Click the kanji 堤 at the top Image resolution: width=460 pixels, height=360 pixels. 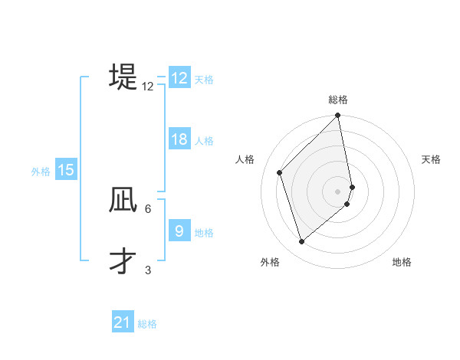[123, 77]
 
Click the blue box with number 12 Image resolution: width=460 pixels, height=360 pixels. [179, 78]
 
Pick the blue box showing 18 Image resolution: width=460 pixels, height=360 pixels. [179, 139]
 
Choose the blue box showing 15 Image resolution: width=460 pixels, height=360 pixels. [66, 171]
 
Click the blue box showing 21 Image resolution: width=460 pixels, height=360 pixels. [123, 322]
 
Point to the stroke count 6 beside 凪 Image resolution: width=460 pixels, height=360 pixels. [148, 208]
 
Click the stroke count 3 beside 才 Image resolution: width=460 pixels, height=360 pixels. [148, 270]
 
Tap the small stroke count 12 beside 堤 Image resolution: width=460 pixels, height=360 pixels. [148, 87]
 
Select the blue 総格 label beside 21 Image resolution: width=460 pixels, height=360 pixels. [147, 324]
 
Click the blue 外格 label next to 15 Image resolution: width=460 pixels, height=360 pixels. [41, 172]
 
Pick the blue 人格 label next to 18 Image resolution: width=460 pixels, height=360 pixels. [204, 141]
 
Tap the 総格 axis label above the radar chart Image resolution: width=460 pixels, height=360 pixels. [338, 100]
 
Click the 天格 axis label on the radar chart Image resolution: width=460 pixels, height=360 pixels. [431, 159]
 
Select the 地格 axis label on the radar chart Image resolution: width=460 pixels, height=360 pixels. [402, 262]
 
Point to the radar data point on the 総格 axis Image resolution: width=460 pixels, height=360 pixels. [338, 116]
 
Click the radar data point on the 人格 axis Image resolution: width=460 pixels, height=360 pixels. [280, 172]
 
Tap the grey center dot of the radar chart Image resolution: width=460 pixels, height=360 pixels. [338, 191]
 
